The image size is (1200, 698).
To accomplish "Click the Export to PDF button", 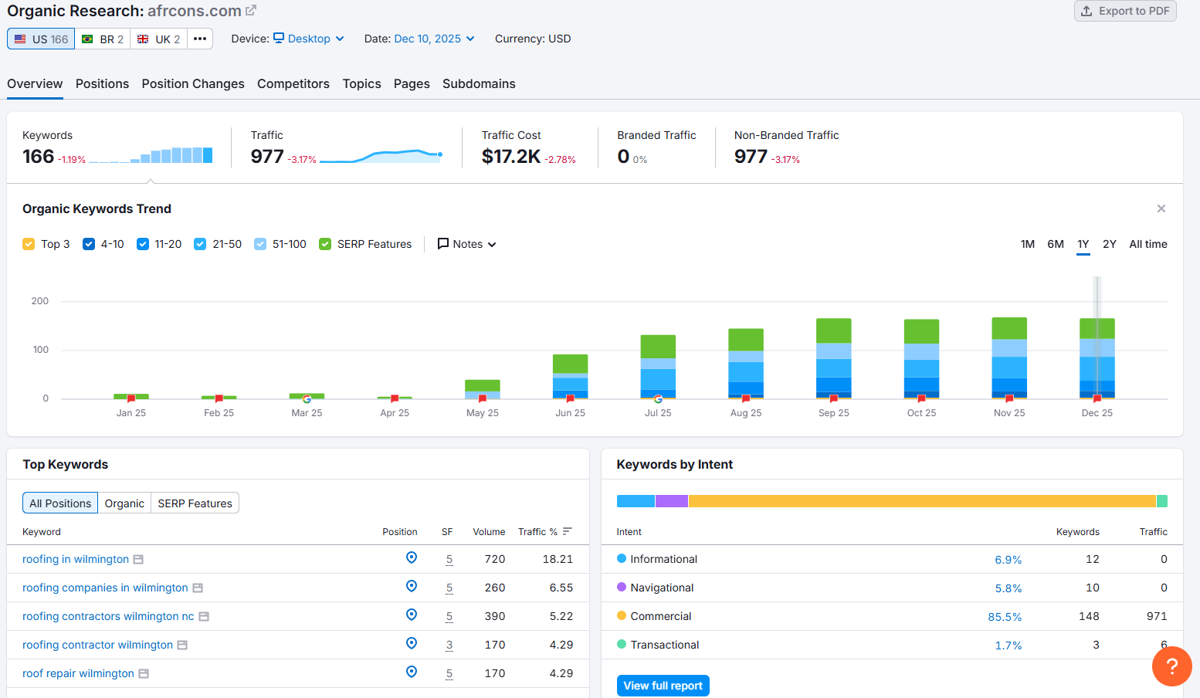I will click(1125, 11).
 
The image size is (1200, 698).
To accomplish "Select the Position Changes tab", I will click(193, 83).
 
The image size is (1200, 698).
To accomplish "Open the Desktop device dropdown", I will click(309, 39).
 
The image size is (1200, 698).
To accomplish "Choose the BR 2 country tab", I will click(103, 39).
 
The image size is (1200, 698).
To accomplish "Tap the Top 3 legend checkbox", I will click(29, 244).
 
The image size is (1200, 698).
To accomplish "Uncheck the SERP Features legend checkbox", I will click(325, 244).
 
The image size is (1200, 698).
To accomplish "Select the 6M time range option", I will click(1055, 244).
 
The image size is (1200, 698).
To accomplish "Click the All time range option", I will click(1147, 244).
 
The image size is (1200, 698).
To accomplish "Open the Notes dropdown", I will click(467, 244).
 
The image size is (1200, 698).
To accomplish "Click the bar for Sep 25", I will click(833, 358).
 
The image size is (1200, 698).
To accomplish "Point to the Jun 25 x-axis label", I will click(570, 413).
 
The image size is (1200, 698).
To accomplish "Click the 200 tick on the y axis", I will click(40, 301).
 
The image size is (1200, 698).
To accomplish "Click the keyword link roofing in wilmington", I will click(76, 559).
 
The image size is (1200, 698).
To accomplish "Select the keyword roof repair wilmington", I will click(78, 673).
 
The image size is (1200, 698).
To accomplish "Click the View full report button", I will click(663, 686).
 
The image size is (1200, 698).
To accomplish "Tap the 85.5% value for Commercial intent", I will click(1005, 617).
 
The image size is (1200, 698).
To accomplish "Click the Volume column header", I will click(489, 532).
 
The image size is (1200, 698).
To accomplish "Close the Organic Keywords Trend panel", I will click(1161, 208).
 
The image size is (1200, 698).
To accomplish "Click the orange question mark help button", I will click(1171, 666).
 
